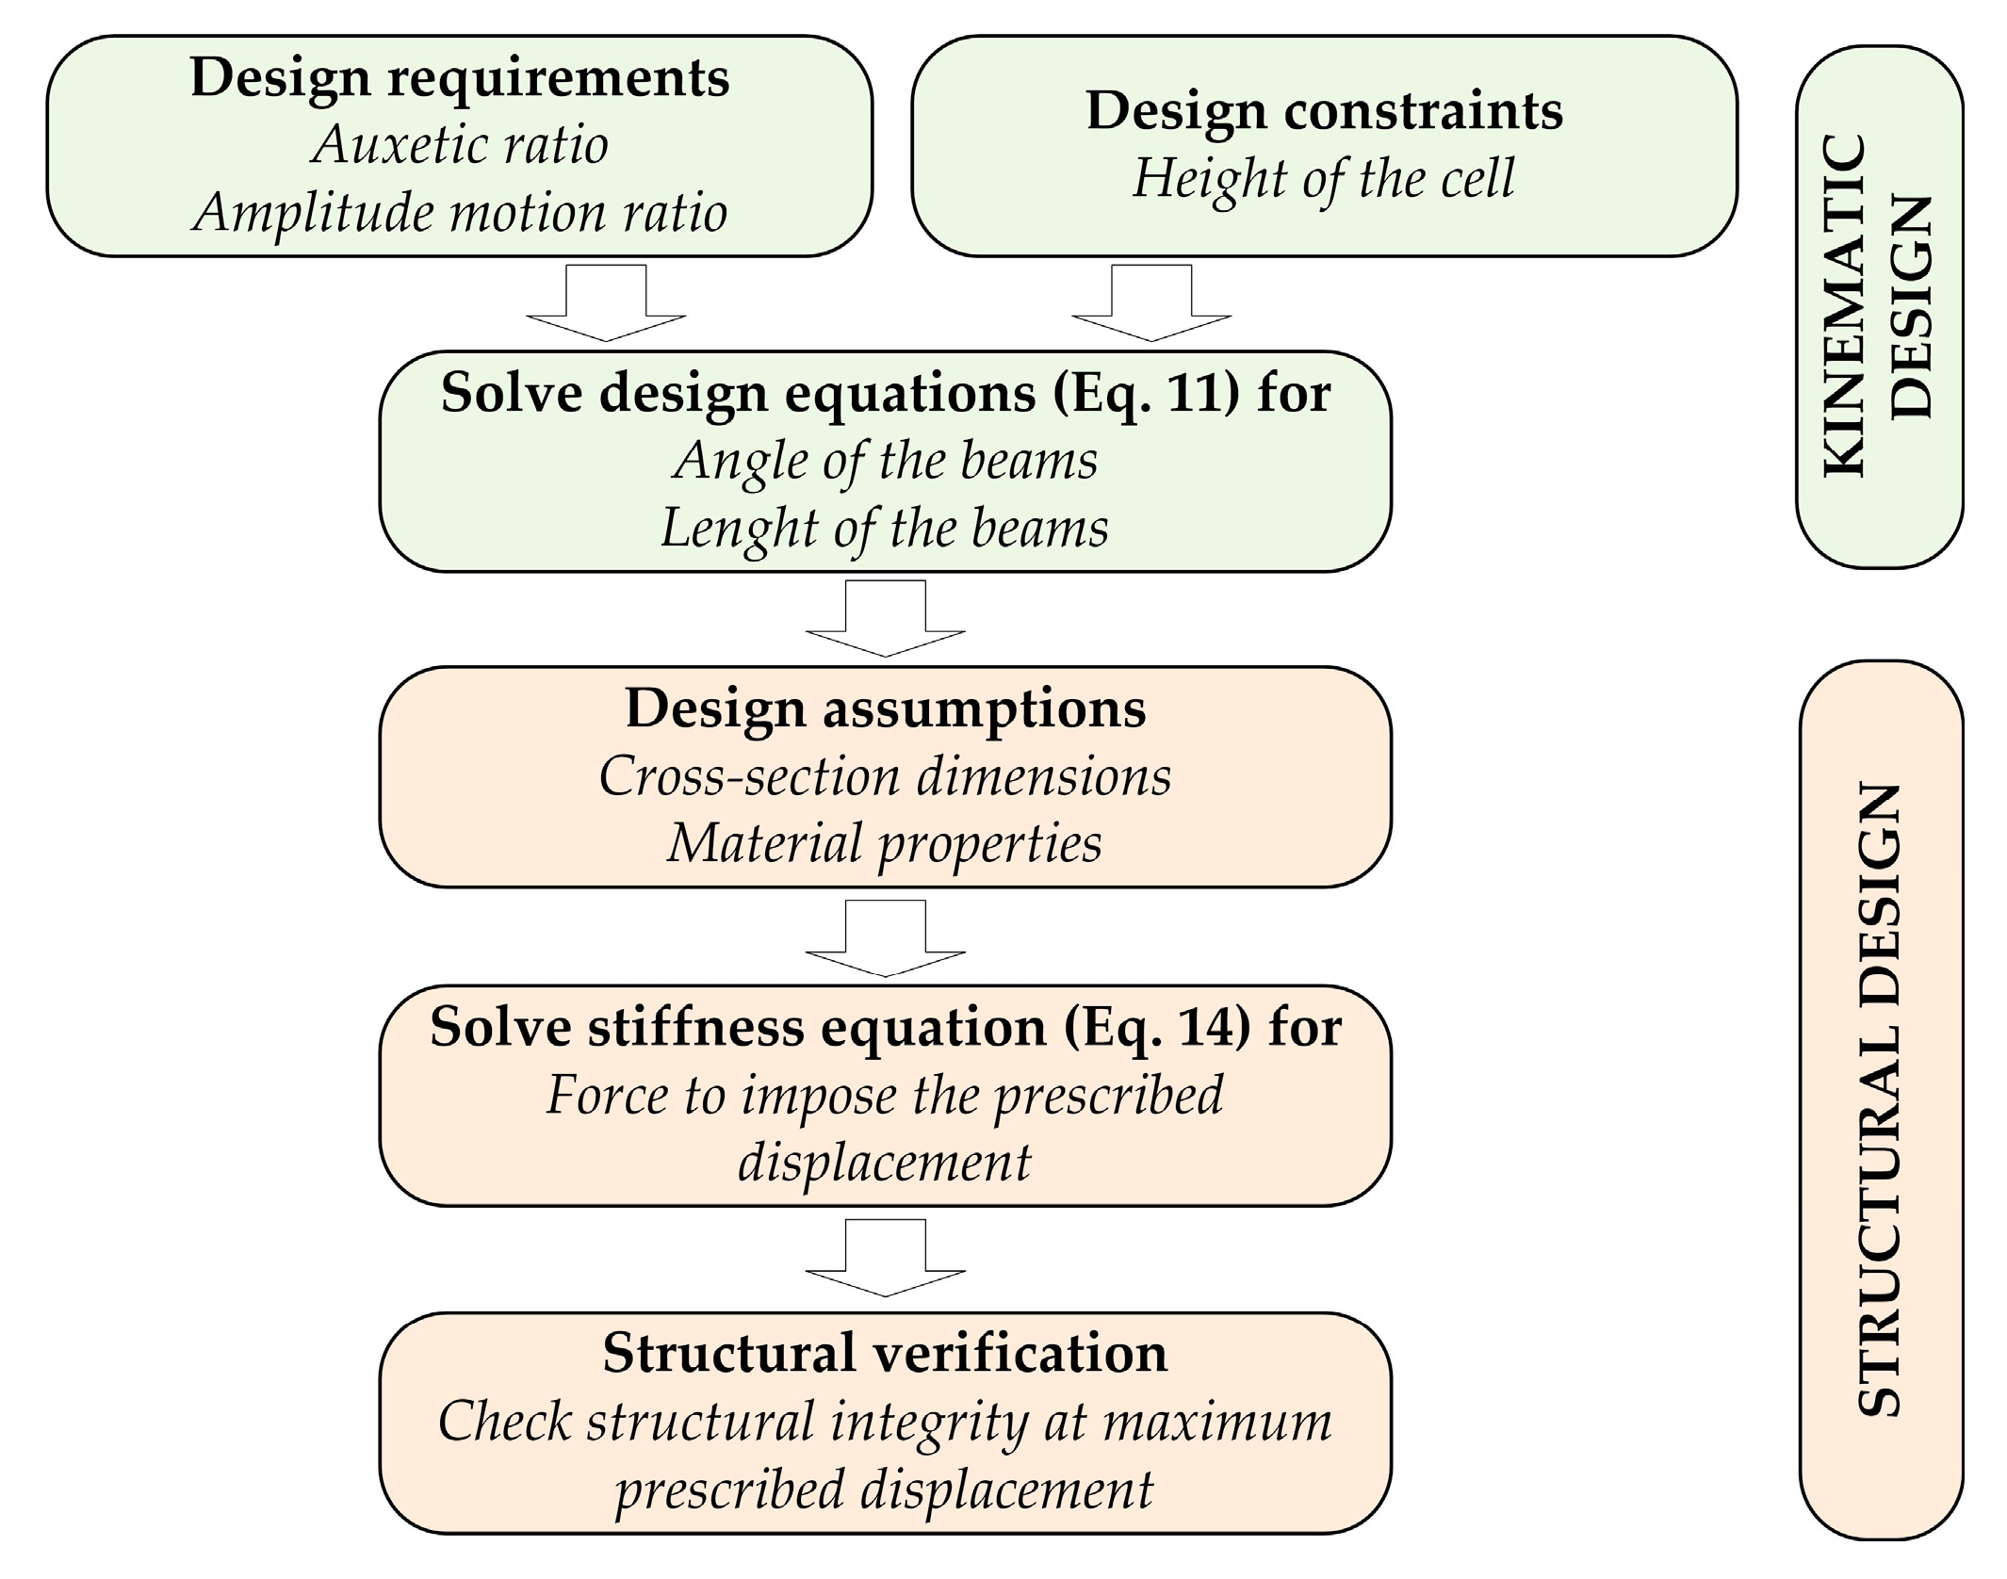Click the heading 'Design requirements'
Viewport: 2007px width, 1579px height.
click(x=459, y=77)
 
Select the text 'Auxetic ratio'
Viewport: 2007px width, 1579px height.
click(x=459, y=145)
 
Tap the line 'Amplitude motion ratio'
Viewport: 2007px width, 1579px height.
click(x=459, y=213)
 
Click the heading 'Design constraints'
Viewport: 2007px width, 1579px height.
click(x=1324, y=111)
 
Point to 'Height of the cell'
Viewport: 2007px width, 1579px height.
click(x=1324, y=178)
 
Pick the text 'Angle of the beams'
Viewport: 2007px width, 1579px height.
click(x=885, y=461)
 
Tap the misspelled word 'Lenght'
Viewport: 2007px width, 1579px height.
click(x=738, y=529)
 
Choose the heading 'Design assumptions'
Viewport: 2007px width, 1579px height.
click(x=885, y=708)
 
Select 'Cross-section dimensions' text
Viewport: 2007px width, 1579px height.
click(x=885, y=776)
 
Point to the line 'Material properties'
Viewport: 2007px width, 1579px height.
click(x=885, y=843)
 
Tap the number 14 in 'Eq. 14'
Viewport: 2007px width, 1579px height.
click(x=1209, y=1027)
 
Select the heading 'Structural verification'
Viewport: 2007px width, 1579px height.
click(x=885, y=1353)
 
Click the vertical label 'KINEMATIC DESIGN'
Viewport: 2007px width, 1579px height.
click(x=1879, y=306)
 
